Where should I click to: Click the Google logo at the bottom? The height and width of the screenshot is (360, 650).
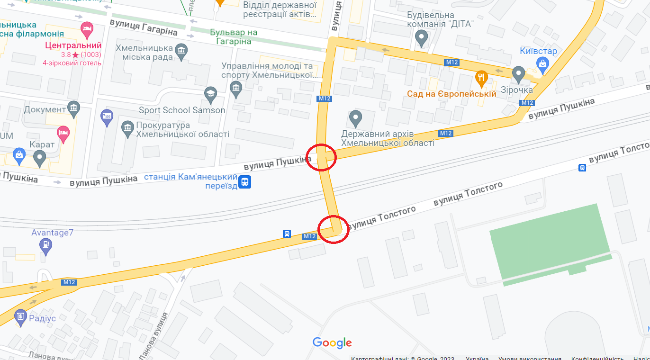[x=332, y=342]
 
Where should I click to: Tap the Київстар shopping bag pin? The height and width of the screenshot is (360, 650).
[x=543, y=63]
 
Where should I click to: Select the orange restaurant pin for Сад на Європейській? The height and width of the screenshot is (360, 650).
[x=481, y=77]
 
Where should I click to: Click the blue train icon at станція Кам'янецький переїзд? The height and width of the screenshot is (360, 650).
[x=244, y=182]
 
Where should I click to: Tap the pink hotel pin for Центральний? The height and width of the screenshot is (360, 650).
[x=86, y=28]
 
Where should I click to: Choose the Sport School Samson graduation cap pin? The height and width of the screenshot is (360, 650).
[x=210, y=93]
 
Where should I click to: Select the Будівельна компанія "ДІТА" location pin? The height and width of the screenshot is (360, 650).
[x=421, y=37]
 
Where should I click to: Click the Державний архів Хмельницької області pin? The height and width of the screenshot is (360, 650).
[x=355, y=117]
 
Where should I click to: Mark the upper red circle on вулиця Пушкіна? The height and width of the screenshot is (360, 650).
[x=321, y=157]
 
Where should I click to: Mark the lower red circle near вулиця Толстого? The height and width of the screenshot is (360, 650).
[x=334, y=230]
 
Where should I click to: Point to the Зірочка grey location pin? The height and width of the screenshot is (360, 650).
[x=518, y=73]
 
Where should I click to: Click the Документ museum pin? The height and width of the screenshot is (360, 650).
[x=73, y=109]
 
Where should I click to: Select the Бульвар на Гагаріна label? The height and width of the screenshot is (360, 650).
[x=234, y=37]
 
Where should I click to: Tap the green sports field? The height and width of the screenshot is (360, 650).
[x=550, y=243]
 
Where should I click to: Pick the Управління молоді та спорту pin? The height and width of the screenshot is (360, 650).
[x=235, y=87]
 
